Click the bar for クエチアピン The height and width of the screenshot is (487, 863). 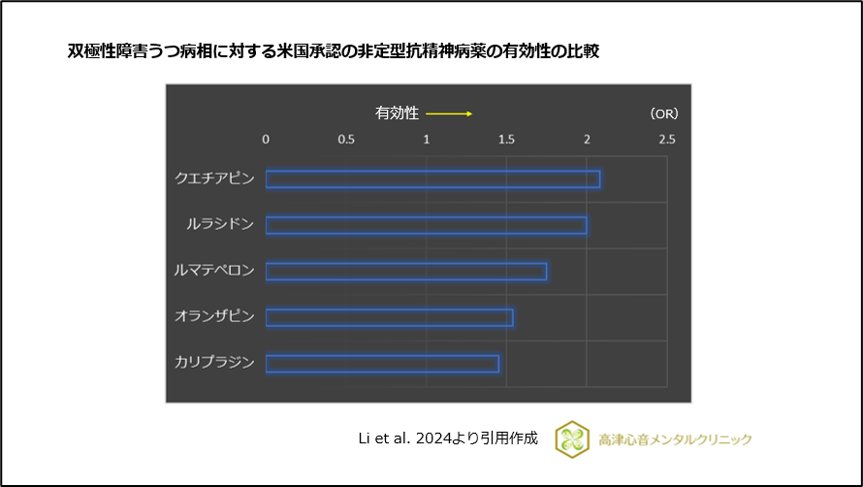(432, 179)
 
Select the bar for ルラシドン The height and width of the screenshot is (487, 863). (426, 225)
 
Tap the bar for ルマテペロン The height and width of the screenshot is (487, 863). (406, 272)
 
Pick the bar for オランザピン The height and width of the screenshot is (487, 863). (389, 317)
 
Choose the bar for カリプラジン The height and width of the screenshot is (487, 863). (382, 364)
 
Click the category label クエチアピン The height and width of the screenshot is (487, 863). (214, 179)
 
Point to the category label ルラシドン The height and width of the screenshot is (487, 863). (220, 225)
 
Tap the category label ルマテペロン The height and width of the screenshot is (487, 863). (214, 271)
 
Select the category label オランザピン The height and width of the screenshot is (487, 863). (214, 317)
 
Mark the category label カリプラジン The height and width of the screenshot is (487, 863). (214, 363)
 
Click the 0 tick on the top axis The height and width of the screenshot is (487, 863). (267, 140)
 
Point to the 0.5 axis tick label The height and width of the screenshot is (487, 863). (346, 140)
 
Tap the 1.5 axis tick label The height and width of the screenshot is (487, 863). (506, 140)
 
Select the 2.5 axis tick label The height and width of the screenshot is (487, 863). (666, 140)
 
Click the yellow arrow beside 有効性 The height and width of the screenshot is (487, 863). (449, 114)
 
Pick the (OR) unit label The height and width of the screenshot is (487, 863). (663, 114)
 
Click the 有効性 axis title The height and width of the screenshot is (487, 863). (397, 113)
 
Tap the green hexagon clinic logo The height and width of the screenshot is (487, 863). (572, 438)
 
